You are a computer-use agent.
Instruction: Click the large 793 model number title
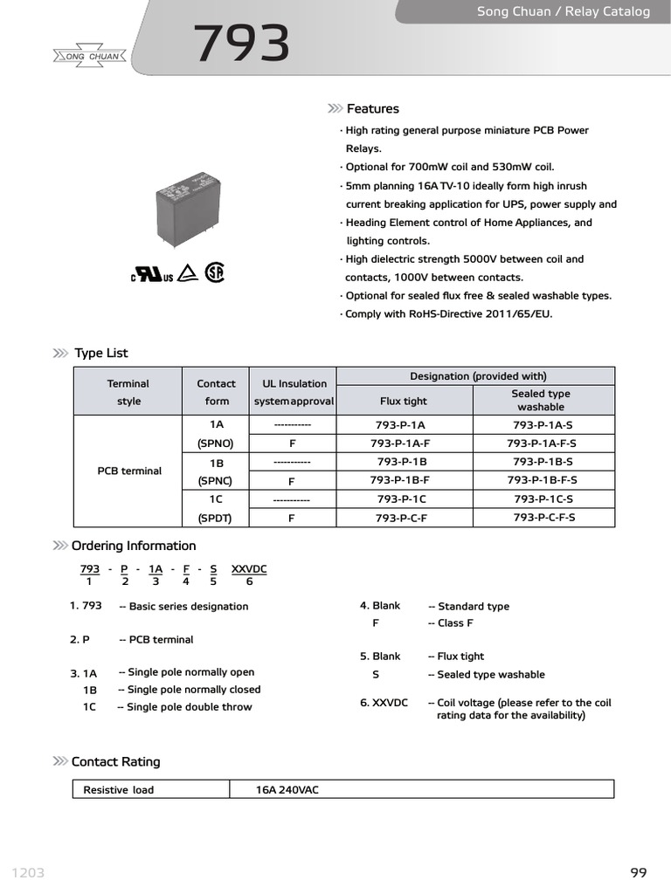coord(241,45)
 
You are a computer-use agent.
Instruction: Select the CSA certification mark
coord(214,272)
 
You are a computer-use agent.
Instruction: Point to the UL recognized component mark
coord(152,274)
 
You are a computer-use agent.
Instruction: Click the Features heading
coord(372,109)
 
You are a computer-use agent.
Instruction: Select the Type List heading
coord(100,354)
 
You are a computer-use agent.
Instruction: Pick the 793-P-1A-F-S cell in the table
coord(541,444)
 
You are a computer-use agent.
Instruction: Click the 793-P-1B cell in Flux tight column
coord(402,462)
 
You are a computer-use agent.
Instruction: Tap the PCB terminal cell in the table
coord(129,471)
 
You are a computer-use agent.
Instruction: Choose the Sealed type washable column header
coord(541,401)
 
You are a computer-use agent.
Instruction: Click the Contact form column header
coord(216,392)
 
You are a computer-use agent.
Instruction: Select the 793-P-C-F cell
coord(402,518)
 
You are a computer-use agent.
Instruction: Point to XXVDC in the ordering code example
coord(249,569)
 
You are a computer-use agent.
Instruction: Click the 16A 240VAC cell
coord(287,790)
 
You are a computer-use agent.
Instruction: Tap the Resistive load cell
coord(118,790)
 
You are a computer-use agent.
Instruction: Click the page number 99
coord(638,873)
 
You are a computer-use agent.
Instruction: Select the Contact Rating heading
coord(115,762)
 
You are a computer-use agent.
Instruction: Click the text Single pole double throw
coord(189,707)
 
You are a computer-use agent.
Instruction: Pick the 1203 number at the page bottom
coord(28,873)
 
